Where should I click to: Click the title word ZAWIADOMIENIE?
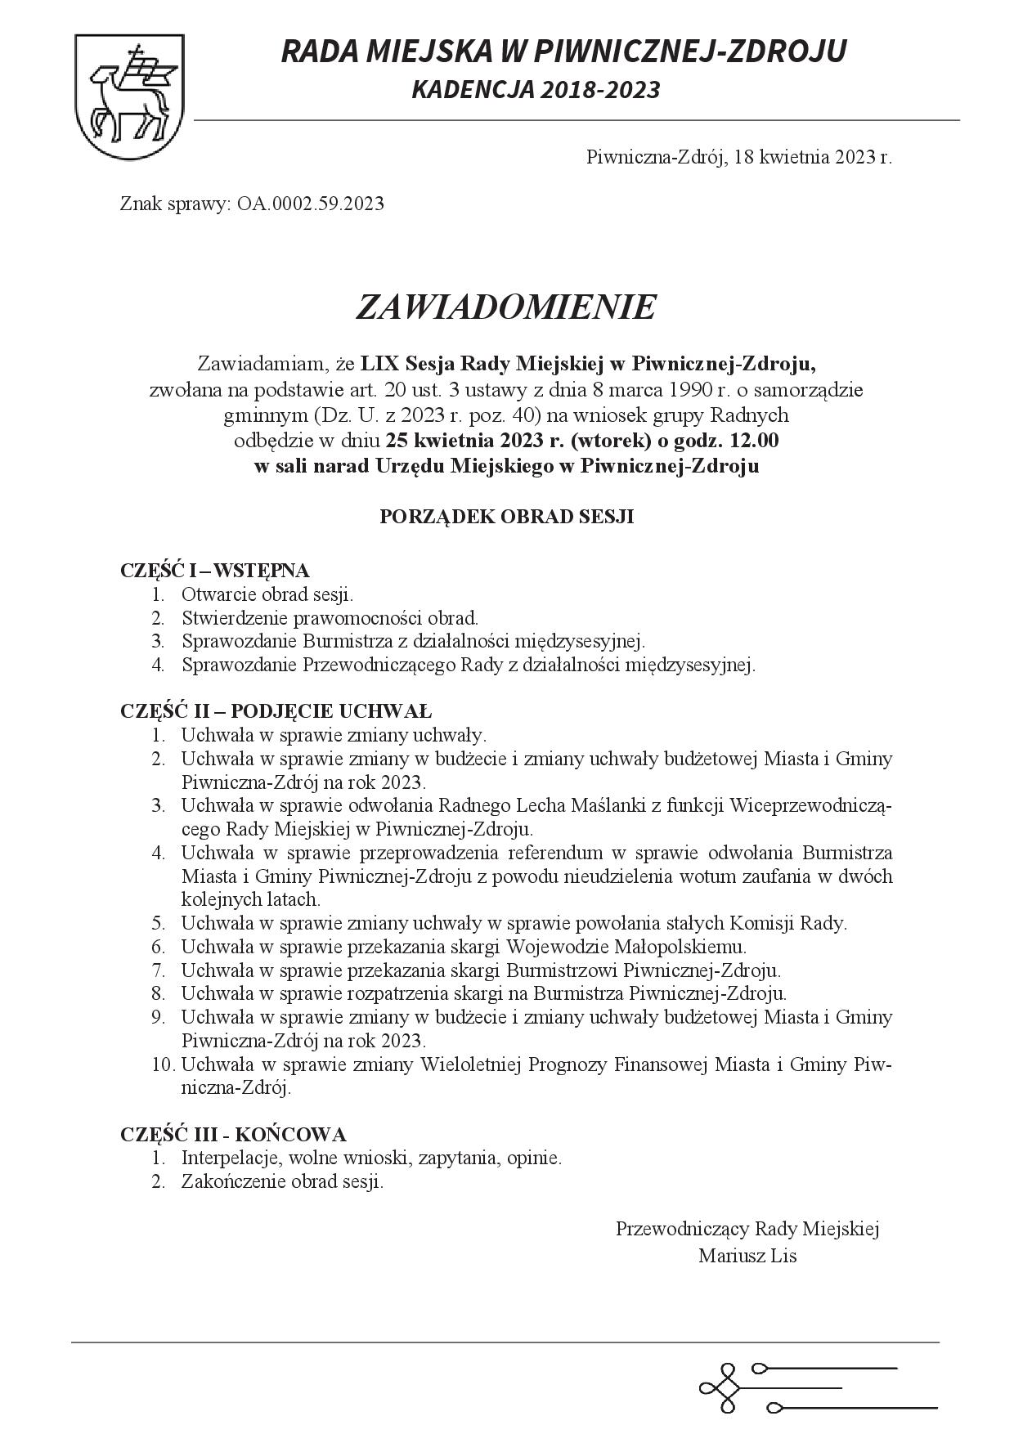click(x=506, y=307)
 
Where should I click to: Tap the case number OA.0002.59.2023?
click(x=311, y=204)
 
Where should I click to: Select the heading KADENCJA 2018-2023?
click(x=536, y=90)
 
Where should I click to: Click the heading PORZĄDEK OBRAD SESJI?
click(x=506, y=517)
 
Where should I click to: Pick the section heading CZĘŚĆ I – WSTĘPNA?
click(x=214, y=570)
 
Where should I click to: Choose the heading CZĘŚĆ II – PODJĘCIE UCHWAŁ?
click(x=276, y=710)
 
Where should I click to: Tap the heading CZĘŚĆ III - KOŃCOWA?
click(x=233, y=1135)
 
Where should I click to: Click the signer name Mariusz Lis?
click(x=747, y=1256)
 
